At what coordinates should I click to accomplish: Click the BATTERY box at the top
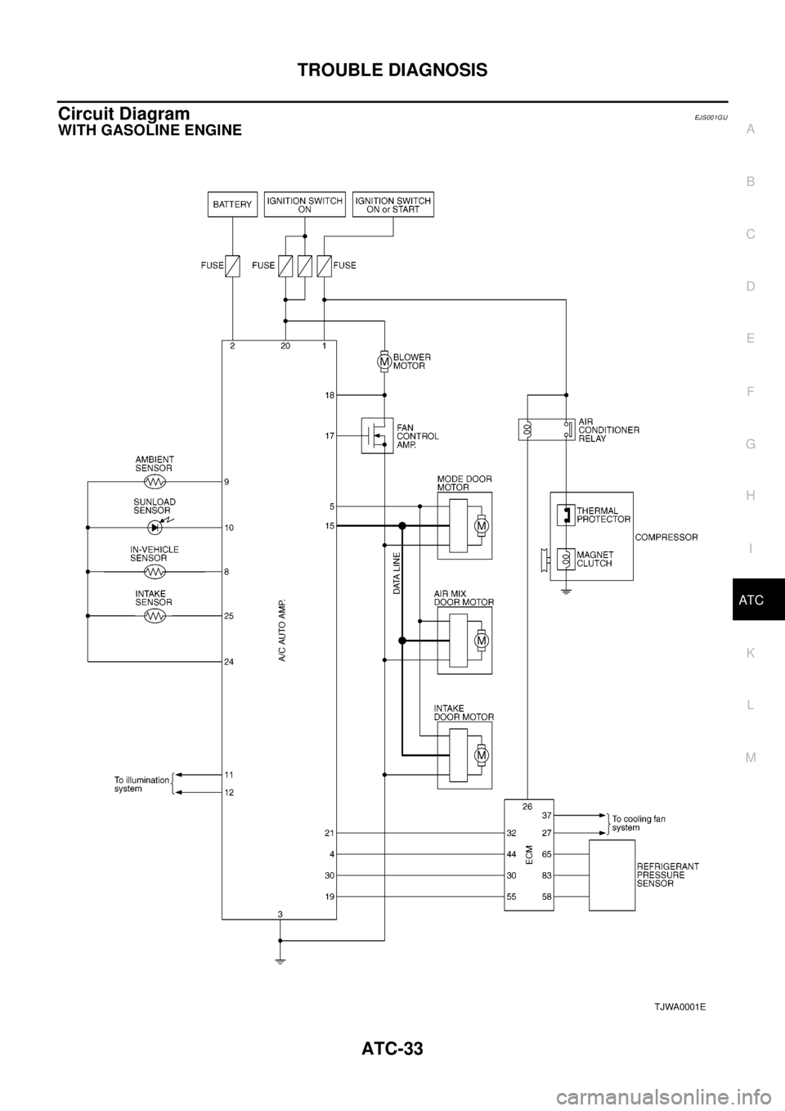[x=232, y=204]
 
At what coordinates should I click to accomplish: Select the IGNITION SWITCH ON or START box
[x=393, y=204]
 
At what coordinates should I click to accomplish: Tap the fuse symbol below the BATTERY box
[x=232, y=266]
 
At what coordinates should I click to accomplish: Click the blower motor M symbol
[x=383, y=362]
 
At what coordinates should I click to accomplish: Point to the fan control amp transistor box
[x=377, y=435]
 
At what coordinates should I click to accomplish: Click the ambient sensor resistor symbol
[x=155, y=482]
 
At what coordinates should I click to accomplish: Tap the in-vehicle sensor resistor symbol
[x=155, y=571]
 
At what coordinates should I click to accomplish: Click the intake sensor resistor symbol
[x=155, y=615]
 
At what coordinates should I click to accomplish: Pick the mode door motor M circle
[x=481, y=526]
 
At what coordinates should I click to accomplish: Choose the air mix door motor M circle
[x=481, y=641]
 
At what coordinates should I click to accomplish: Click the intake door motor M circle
[x=481, y=756]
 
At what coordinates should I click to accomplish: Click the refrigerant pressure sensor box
[x=612, y=875]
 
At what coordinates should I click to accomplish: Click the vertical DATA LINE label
[x=397, y=573]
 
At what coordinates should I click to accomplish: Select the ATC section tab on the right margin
[x=751, y=600]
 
